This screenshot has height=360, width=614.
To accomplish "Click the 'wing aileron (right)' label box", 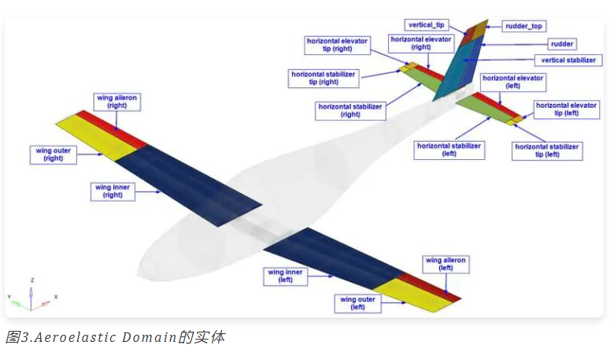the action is click(117, 102).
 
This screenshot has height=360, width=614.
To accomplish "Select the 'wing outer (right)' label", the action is click(54, 154).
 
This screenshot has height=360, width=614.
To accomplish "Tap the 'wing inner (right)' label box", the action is click(113, 191).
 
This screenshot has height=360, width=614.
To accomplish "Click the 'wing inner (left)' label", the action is click(285, 276).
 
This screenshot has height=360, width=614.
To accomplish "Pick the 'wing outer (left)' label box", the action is click(357, 303).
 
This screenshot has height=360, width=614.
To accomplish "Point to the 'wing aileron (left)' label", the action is click(446, 264).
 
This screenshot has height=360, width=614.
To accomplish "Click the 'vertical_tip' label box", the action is click(427, 25).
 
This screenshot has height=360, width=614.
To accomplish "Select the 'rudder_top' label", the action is click(523, 26).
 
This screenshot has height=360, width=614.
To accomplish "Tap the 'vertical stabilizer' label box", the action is click(568, 61).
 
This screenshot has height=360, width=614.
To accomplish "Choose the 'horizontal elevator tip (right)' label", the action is click(337, 45).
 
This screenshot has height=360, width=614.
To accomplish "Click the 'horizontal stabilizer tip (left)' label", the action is click(547, 150).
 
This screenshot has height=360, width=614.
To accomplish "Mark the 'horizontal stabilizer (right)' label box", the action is click(350, 110).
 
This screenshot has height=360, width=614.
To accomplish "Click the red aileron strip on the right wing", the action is click(113, 129).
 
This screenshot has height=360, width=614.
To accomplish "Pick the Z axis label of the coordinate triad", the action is click(32, 280).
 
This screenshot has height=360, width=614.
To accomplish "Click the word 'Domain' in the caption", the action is click(150, 337).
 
